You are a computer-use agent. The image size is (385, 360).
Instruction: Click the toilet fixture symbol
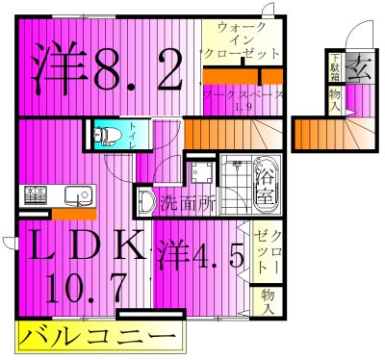[x=108, y=135]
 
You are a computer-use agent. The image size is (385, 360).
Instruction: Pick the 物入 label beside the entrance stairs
[x=334, y=99]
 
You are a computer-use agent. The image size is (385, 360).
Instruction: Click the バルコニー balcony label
[x=97, y=338]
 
